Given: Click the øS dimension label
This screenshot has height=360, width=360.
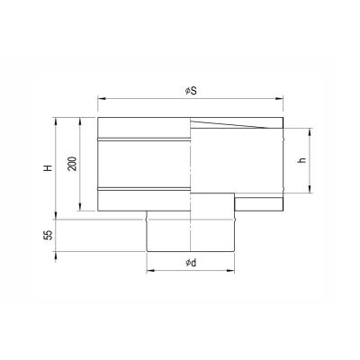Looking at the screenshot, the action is click(191, 91).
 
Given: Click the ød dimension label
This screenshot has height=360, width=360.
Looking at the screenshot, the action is click(191, 263).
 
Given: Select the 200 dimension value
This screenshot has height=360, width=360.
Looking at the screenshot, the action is click(72, 164).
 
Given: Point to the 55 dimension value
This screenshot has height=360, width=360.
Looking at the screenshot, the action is click(49, 235).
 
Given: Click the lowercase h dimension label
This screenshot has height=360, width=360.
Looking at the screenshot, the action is click(302, 159).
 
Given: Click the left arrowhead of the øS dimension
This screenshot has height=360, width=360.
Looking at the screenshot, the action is click(102, 98).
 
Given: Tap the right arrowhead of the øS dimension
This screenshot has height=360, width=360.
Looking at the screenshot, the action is click(279, 98).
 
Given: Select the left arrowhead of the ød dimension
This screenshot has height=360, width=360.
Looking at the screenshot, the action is click(150, 271).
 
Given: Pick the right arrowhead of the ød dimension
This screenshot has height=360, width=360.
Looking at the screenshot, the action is click(230, 271).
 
